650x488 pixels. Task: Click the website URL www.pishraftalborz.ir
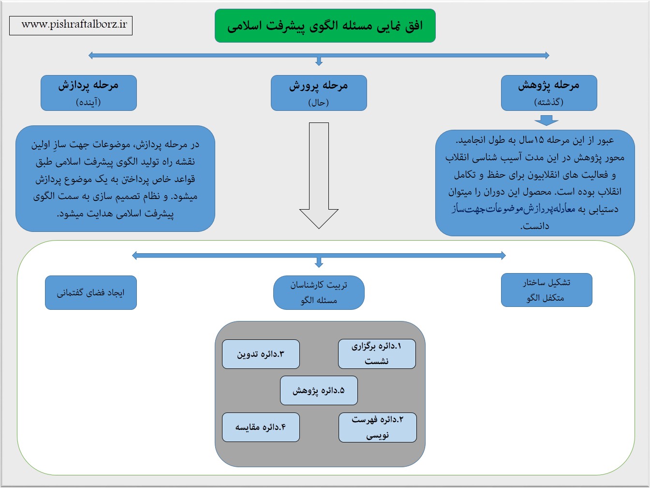[x=74, y=24]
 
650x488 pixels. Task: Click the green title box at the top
[x=325, y=26]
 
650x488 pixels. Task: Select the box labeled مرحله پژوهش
[x=549, y=93]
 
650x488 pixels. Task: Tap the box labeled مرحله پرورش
[x=319, y=93]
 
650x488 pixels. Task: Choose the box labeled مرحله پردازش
[x=89, y=93]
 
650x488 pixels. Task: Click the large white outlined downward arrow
[x=319, y=175]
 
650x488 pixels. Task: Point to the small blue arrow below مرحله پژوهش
[x=547, y=120]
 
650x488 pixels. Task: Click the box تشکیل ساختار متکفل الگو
[x=547, y=290]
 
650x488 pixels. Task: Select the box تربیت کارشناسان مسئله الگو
[x=319, y=292]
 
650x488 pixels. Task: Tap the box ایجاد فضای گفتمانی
[x=91, y=292]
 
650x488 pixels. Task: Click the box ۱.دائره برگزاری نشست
[x=377, y=354]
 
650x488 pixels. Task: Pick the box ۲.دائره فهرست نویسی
[x=378, y=427]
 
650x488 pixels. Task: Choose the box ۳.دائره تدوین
[x=261, y=354]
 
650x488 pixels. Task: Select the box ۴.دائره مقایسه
[x=261, y=427]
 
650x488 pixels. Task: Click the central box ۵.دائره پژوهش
[x=319, y=391]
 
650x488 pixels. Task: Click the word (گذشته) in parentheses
[x=549, y=102]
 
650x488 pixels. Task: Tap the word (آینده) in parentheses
[x=88, y=102]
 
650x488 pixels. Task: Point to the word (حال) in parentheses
[x=319, y=103]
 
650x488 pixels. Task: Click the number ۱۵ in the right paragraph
[x=539, y=140]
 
